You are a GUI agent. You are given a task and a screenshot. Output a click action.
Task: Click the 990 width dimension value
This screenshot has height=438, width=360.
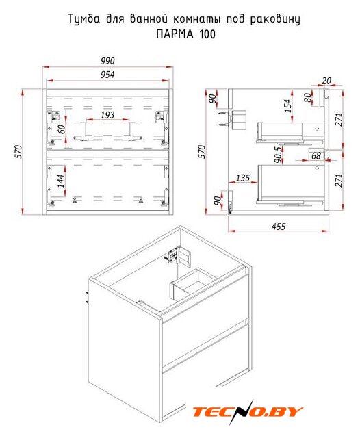click(x=107, y=61)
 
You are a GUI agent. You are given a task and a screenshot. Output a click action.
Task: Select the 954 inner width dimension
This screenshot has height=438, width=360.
click(x=107, y=75)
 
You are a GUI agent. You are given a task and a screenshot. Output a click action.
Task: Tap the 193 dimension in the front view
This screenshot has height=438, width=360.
click(x=107, y=115)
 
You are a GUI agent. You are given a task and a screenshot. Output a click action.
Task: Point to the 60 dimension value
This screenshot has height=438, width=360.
click(x=61, y=129)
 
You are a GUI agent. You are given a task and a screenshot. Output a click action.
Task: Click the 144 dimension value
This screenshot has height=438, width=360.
click(x=61, y=181)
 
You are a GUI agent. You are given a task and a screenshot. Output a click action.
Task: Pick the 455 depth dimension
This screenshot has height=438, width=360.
click(x=279, y=227)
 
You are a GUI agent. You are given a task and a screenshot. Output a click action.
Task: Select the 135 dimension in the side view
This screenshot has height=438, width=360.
click(x=243, y=178)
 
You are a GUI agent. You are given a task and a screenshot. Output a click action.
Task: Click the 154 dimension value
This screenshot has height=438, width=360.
click(x=287, y=105)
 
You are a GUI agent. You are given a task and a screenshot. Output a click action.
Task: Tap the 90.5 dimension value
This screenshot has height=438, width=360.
click(x=278, y=155)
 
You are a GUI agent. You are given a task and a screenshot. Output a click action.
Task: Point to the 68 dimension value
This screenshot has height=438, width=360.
click(x=316, y=155)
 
